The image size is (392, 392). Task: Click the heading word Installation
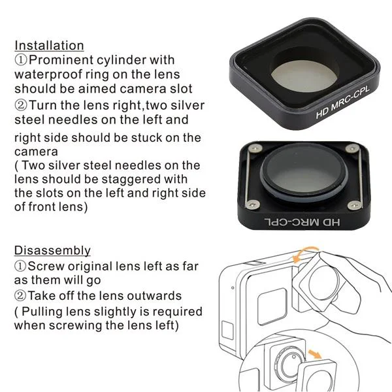(49, 46)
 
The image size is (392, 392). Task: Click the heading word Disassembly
(52, 250)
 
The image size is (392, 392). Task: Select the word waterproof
(48, 74)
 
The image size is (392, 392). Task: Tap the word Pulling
(42, 312)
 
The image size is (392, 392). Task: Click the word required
(177, 312)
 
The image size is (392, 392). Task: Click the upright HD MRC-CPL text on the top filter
(342, 102)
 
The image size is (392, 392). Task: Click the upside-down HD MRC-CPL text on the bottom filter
(302, 221)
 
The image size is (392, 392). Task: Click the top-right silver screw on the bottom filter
(352, 148)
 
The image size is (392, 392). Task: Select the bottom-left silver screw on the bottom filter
(252, 205)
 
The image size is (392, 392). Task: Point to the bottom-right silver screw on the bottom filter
(354, 206)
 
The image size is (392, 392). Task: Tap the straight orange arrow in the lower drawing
(315, 354)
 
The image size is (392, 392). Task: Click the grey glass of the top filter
(304, 76)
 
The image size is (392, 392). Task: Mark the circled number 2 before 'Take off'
(20, 296)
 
